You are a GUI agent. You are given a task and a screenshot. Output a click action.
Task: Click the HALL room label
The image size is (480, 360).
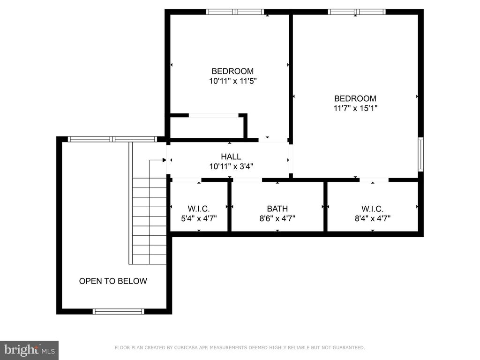(231, 157)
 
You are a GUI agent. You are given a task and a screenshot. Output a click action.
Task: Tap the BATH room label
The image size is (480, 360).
(277, 209)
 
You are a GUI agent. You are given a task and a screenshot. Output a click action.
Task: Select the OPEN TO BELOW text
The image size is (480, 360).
(113, 281)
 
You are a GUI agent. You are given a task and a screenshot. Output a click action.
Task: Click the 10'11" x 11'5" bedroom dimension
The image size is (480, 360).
(232, 81)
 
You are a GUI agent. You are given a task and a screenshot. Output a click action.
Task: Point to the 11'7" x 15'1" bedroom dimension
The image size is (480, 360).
(355, 108)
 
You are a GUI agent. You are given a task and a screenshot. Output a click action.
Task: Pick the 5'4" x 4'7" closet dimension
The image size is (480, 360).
(199, 218)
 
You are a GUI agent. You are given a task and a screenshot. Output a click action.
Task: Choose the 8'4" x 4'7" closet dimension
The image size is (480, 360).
(373, 218)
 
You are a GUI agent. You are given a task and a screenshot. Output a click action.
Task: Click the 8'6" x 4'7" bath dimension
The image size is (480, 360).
(277, 218)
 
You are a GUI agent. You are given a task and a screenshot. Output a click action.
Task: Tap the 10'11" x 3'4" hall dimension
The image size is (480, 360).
(231, 166)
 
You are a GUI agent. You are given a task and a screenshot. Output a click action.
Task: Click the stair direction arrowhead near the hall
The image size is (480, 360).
(165, 160)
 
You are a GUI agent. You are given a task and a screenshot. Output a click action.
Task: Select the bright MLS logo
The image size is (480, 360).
(30, 350)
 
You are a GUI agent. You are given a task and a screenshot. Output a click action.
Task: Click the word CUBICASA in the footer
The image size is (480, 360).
(185, 348)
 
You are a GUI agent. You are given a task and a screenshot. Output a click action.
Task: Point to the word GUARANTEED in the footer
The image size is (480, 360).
(349, 348)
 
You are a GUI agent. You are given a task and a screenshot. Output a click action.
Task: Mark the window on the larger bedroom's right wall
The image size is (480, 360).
(421, 154)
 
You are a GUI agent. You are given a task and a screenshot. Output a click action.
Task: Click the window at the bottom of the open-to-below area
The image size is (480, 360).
(119, 312)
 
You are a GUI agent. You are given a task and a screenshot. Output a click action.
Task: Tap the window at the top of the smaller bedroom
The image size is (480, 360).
(235, 12)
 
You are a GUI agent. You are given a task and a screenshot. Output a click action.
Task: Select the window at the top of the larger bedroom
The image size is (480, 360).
(357, 12)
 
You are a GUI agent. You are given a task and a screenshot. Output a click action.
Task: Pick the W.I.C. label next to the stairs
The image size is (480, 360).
(199, 209)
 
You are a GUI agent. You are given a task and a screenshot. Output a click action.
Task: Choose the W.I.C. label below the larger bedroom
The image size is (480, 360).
(372, 209)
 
